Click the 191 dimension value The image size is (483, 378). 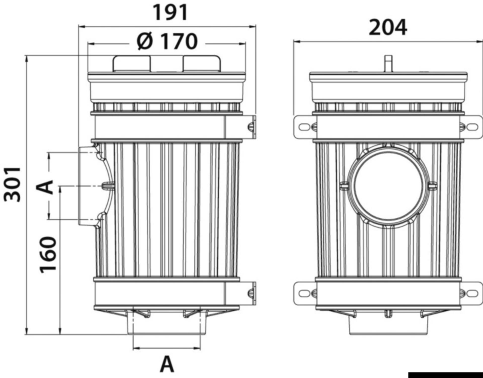tap(170, 13)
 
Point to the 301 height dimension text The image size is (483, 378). tap(12, 184)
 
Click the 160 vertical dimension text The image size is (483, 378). tap(48, 254)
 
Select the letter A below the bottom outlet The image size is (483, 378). tap(167, 364)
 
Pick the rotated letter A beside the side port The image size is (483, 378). tap(45, 187)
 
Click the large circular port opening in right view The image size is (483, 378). tap(388, 186)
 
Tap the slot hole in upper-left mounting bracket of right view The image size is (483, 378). tap(304, 127)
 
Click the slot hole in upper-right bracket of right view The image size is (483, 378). tap(472, 127)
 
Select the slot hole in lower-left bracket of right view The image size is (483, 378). tap(304, 293)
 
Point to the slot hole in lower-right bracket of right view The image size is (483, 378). tap(472, 293)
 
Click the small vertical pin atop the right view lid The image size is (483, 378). tap(389, 63)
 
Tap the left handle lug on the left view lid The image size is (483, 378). tap(132, 64)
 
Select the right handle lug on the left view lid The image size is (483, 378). tap(202, 64)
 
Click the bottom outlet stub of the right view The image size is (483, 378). tap(388, 325)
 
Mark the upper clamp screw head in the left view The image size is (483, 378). tap(251, 127)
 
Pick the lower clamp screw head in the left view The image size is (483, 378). tap(251, 293)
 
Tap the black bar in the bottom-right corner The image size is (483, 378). tap(445, 375)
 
